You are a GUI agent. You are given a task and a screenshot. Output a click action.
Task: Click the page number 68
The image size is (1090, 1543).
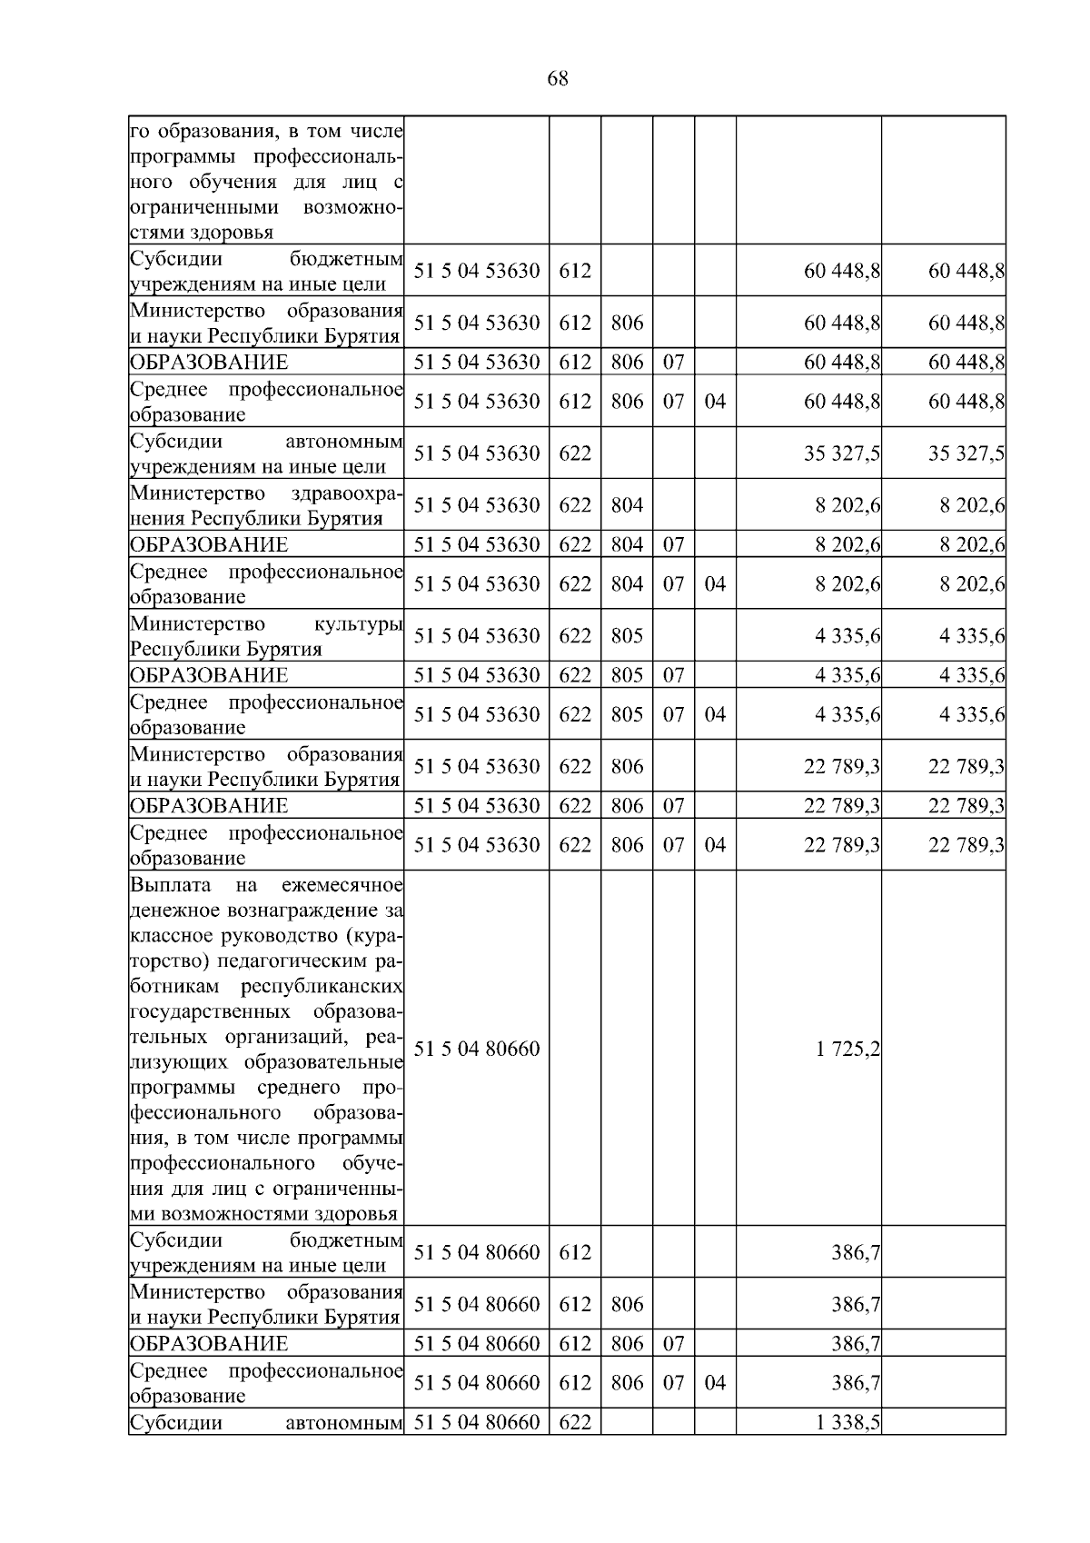(x=558, y=79)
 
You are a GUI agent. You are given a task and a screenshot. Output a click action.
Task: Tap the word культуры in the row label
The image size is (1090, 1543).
(x=358, y=624)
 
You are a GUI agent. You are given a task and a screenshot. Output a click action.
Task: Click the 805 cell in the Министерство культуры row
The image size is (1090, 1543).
(x=627, y=636)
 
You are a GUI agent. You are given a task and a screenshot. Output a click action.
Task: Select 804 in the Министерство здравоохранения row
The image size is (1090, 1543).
(x=627, y=505)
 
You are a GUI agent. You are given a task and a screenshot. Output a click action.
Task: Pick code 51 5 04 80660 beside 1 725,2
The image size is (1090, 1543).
(x=476, y=1050)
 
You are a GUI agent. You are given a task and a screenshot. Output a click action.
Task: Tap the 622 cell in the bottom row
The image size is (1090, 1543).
(x=574, y=1422)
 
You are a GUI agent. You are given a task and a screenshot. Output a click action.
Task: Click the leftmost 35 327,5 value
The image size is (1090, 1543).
(x=841, y=453)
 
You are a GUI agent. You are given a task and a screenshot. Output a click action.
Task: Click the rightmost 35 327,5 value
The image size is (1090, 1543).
(x=966, y=453)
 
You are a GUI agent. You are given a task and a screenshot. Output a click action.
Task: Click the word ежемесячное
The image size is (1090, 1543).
(x=342, y=885)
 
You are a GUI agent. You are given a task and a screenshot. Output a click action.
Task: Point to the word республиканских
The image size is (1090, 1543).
(x=322, y=987)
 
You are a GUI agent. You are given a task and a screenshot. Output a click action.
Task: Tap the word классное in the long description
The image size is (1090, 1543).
(x=170, y=936)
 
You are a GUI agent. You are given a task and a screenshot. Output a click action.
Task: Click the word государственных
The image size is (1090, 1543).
(x=210, y=1012)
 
